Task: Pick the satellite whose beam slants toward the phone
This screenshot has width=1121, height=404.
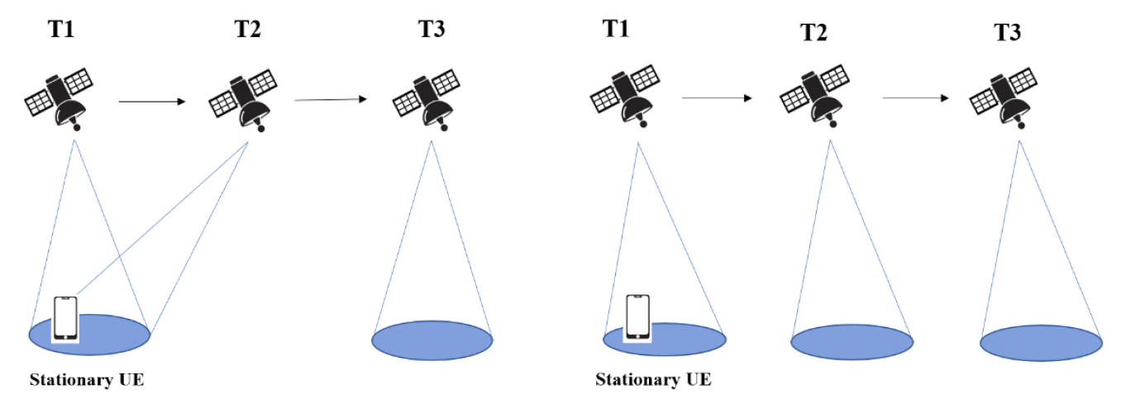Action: click(243, 98)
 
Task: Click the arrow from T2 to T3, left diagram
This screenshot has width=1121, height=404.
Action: click(330, 100)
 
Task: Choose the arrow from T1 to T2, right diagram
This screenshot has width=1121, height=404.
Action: click(716, 97)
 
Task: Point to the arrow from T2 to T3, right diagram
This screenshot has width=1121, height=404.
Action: click(916, 97)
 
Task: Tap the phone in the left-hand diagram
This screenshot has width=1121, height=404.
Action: click(65, 317)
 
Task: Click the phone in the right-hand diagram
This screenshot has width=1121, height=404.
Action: click(637, 316)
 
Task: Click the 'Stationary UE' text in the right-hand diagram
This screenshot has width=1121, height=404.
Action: click(653, 381)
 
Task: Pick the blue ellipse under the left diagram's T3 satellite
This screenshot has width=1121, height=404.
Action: click(432, 340)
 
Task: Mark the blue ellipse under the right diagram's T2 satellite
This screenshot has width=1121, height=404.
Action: click(851, 342)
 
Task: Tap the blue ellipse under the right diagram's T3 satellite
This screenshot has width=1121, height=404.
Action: click(1041, 342)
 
